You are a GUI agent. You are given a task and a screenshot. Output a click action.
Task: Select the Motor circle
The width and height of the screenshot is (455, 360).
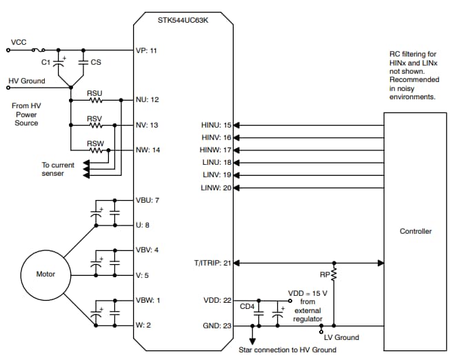[45, 274]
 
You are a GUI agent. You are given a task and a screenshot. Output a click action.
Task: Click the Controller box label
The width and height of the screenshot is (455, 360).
[416, 231]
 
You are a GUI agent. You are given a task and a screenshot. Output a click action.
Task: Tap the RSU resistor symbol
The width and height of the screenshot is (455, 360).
[95, 100]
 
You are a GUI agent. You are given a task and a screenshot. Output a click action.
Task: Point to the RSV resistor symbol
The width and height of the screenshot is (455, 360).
[95, 126]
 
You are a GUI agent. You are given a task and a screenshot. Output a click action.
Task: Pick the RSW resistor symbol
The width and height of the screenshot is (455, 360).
[95, 150]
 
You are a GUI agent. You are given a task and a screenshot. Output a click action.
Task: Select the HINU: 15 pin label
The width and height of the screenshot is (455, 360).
[215, 126]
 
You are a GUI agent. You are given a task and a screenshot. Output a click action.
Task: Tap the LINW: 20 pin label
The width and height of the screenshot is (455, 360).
[215, 188]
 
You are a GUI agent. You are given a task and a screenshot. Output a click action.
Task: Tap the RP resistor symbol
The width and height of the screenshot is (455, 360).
[334, 274]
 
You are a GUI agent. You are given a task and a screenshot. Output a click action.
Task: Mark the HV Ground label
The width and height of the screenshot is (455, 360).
[27, 81]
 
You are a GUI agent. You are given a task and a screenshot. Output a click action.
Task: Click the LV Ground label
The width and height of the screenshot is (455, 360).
[341, 337]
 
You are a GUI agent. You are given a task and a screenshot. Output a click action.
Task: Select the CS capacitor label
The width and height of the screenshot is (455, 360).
[97, 62]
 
